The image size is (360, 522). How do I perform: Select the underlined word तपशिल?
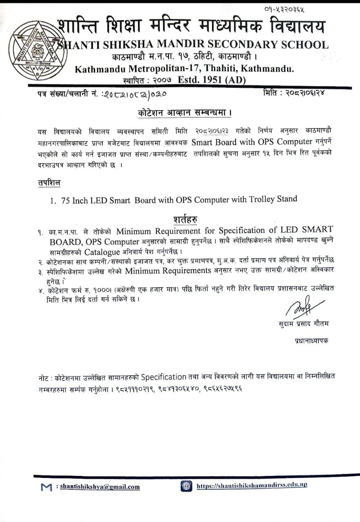(x=46, y=183)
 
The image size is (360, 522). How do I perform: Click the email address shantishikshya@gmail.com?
(x=100, y=487)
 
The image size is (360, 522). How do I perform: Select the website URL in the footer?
(x=252, y=486)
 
